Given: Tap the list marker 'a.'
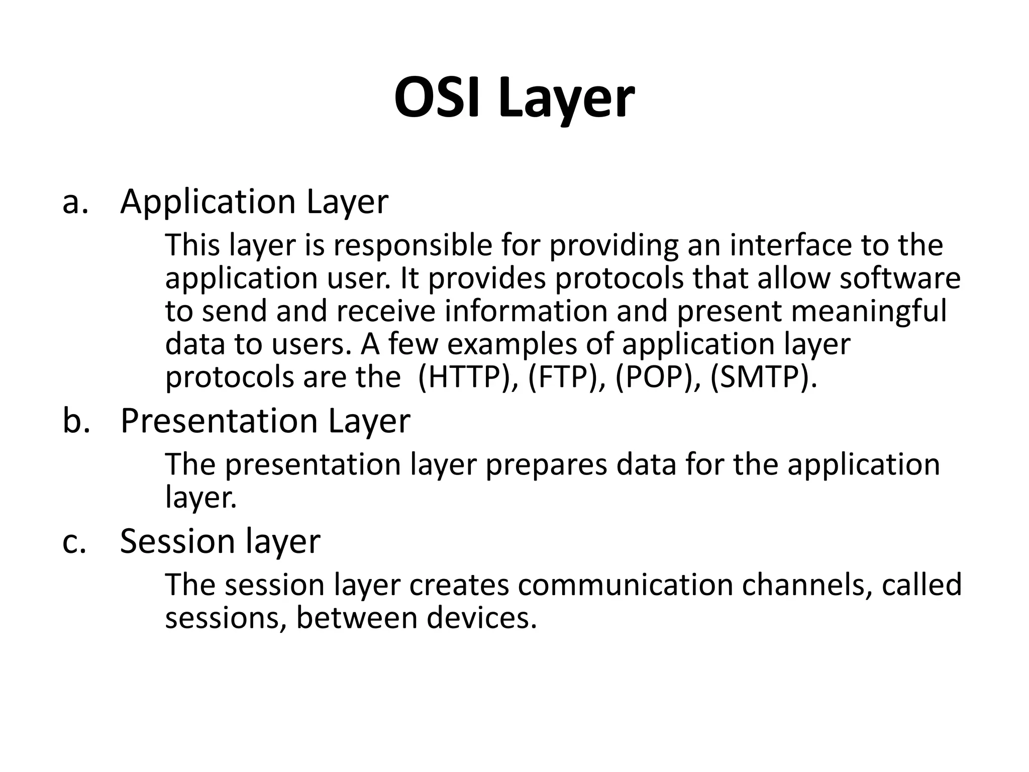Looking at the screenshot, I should [75, 203].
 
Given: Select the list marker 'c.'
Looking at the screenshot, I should [74, 542].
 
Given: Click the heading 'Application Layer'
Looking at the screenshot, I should [254, 203].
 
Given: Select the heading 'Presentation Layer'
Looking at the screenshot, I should [265, 421].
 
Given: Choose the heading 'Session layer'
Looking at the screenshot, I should [220, 542].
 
